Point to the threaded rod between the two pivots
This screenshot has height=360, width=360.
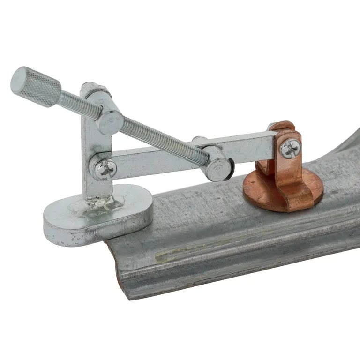click(x=164, y=138)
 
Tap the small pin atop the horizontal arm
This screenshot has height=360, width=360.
click(x=199, y=139)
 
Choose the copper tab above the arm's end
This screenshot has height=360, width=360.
click(x=281, y=126)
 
